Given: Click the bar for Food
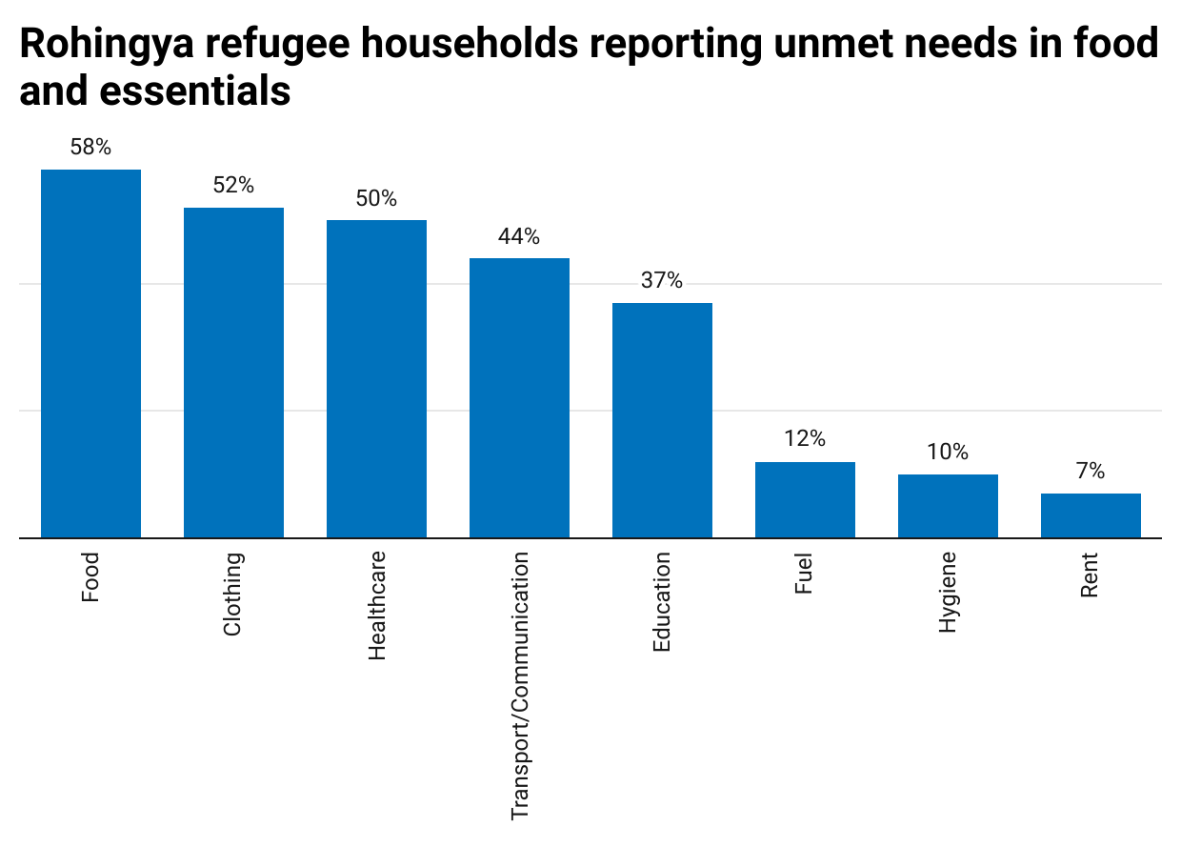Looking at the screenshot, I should coord(90,353).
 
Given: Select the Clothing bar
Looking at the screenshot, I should coord(233,373).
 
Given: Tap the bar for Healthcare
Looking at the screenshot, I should coord(376,379).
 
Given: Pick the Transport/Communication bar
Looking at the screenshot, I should coord(519,398).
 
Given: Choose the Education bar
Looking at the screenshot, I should coord(662,420).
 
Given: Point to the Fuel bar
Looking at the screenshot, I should coord(805,500).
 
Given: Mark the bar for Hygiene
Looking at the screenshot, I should coord(948,506).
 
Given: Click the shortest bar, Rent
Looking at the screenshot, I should coord(1091,515).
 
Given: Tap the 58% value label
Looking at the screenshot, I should coord(90,148).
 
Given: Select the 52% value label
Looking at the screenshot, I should coord(233,186).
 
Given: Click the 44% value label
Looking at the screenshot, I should coord(519,236).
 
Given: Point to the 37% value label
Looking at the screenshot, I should coord(662,281).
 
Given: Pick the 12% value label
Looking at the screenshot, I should coord(805,439).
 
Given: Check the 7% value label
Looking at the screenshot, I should coord(1091,472).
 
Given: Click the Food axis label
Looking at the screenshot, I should coord(90,577).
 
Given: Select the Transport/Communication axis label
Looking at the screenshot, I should coord(520,686).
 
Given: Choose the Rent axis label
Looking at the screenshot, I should coord(1091,575).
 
